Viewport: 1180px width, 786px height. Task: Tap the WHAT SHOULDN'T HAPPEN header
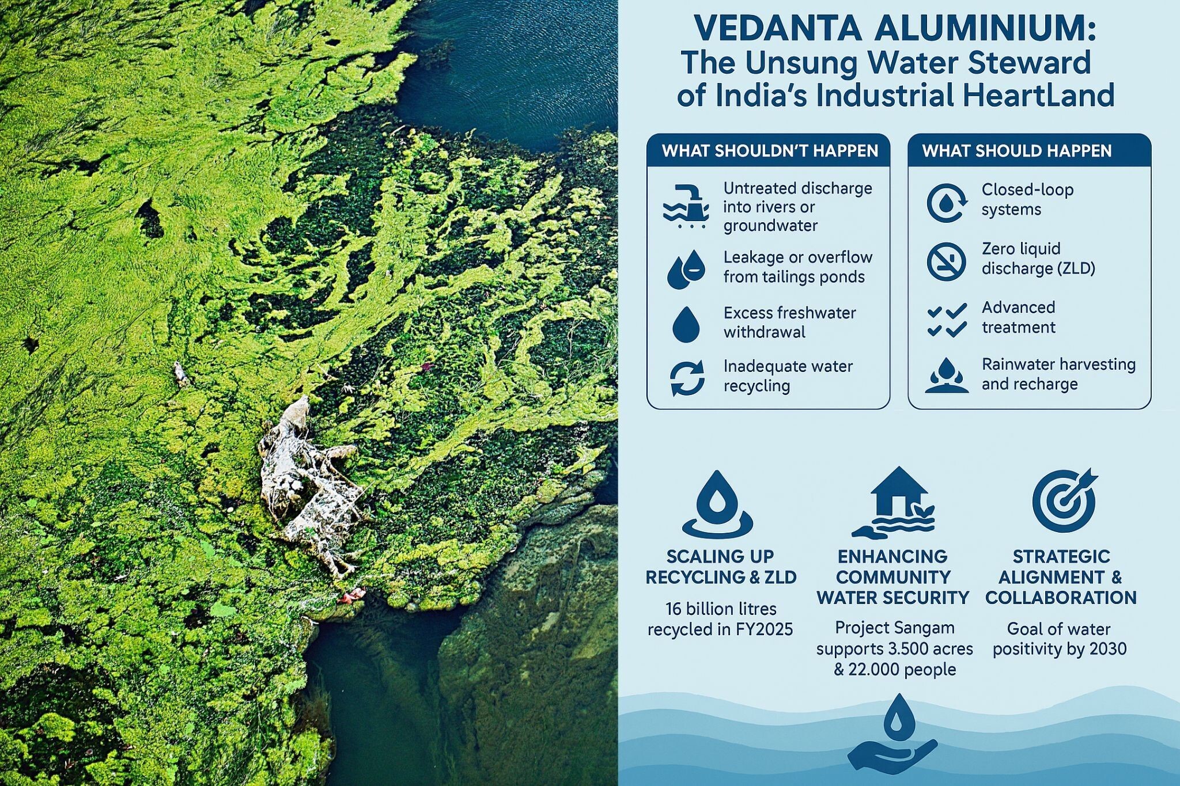coord(770,151)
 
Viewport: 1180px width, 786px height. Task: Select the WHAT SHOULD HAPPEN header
coord(1017,151)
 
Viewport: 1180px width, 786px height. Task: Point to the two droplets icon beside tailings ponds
coord(686,268)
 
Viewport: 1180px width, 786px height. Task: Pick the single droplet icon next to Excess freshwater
coord(686,324)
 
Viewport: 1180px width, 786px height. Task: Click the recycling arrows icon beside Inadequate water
coord(687,378)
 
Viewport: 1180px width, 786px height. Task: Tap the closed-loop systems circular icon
coord(947,203)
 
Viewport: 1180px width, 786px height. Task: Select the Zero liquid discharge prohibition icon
coord(946,261)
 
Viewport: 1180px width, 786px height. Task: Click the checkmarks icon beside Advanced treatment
coord(947,320)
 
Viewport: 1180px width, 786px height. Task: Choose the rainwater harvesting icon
coord(947,375)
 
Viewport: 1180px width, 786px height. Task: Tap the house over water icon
coord(893,503)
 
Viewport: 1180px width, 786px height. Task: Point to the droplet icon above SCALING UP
coord(717,505)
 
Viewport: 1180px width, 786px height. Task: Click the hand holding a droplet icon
coord(892,734)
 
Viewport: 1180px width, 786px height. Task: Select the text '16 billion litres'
coord(721,609)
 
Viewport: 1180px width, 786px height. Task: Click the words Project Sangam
coord(895,628)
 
